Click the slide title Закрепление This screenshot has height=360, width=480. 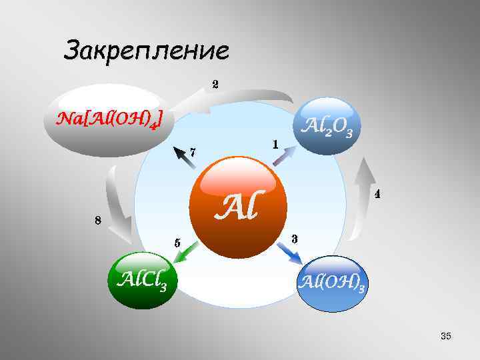(x=146, y=50)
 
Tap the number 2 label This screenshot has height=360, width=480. (x=215, y=85)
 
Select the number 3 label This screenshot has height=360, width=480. (x=294, y=239)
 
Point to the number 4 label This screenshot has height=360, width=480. (x=377, y=195)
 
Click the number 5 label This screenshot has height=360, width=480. (x=177, y=243)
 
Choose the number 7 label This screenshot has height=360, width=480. (x=193, y=152)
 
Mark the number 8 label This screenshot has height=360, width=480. (x=97, y=221)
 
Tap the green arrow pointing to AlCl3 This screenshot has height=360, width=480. (x=188, y=251)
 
